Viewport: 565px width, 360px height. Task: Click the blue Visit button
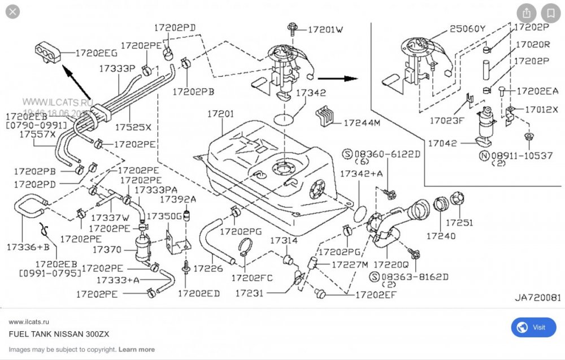533,327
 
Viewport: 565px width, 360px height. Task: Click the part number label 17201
220,114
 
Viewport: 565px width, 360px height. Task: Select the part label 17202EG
97,53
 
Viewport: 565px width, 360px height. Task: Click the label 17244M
361,122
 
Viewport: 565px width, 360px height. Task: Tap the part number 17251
459,223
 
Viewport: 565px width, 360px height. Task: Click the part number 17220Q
390,263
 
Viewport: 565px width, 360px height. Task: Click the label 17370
106,249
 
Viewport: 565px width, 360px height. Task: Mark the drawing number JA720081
537,297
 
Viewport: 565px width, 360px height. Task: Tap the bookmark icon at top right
550,13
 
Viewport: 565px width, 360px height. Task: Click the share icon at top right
527,13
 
